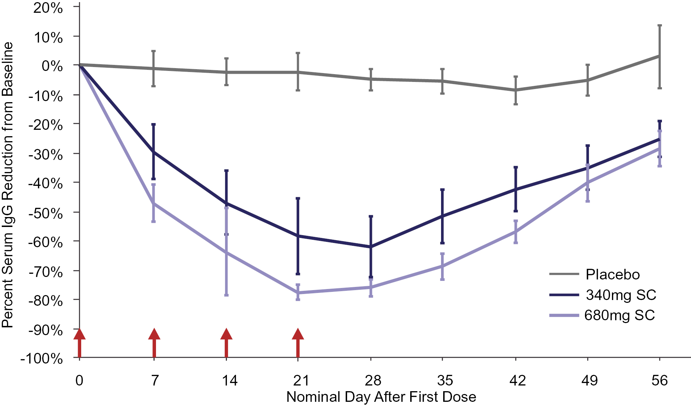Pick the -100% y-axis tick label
[x=41, y=359]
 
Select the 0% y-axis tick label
[x=52, y=66]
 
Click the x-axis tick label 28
[x=373, y=381]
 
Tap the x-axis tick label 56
[x=659, y=381]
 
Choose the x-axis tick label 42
[x=517, y=381]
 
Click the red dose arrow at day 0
[x=79, y=343]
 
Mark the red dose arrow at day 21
[x=298, y=343]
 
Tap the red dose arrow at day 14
[x=226, y=343]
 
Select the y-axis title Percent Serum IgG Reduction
[x=8, y=184]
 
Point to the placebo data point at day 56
[x=659, y=56]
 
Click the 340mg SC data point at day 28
[x=371, y=246]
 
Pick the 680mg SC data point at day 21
[x=298, y=293]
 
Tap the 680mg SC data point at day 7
[x=154, y=203]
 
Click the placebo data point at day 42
[x=516, y=90]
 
